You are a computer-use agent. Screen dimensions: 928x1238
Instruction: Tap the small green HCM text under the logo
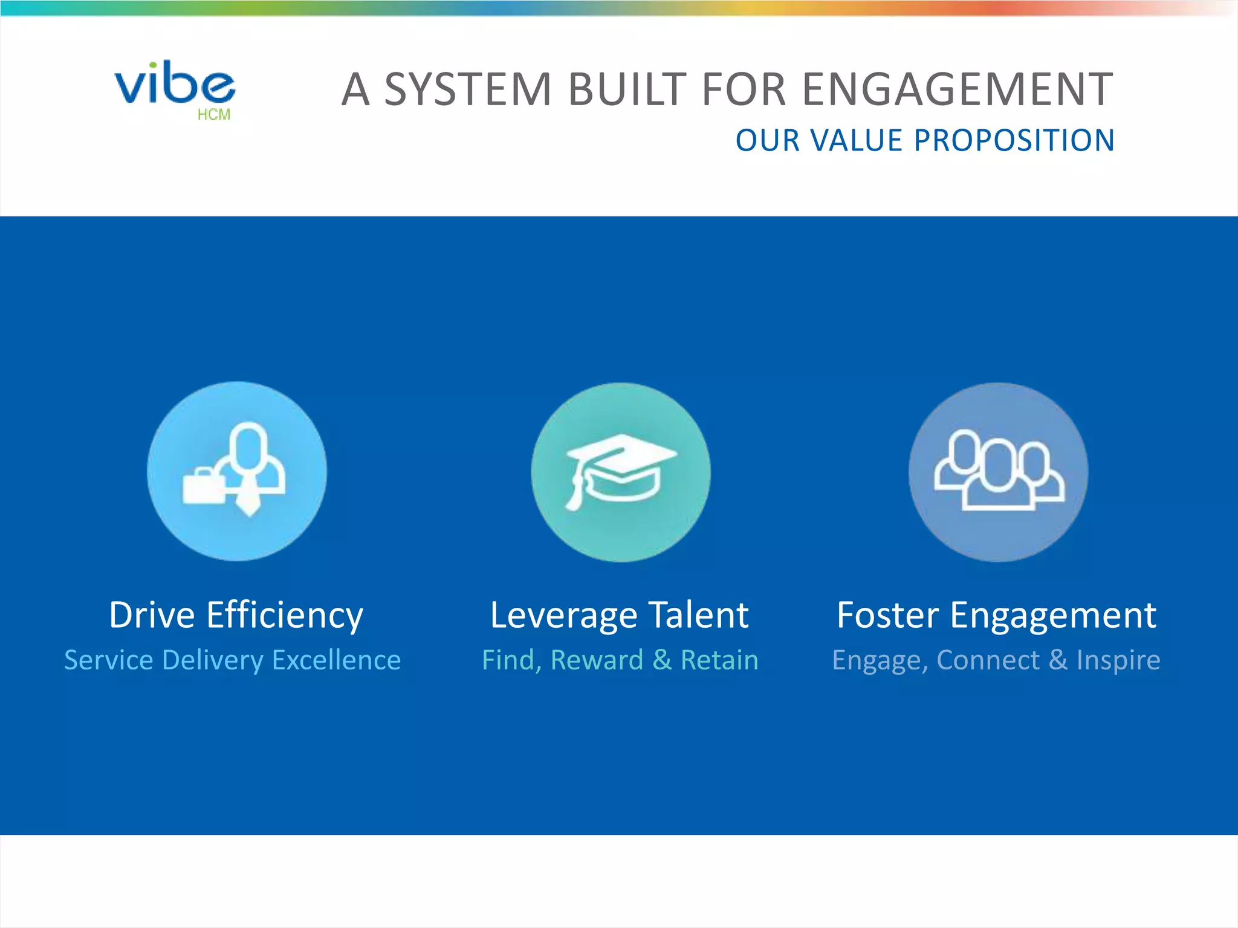[x=214, y=115]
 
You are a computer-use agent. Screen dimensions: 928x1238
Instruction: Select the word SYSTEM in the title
[x=468, y=89]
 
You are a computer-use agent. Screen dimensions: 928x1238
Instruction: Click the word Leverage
[x=563, y=616]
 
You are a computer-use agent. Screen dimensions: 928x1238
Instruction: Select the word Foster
[x=887, y=615]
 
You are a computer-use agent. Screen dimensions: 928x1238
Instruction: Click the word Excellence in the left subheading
[x=337, y=660]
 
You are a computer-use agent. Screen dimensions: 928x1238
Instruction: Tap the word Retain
[x=719, y=660]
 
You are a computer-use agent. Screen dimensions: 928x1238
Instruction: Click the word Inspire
[x=1118, y=660]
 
